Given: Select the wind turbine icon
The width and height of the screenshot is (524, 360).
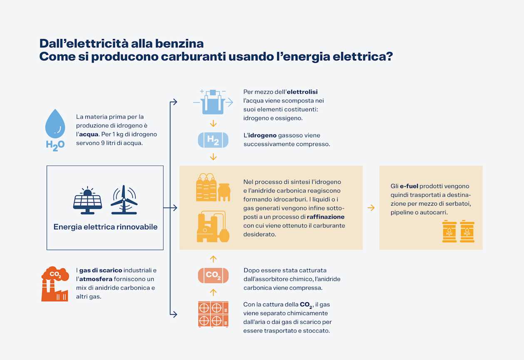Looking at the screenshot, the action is [124, 200].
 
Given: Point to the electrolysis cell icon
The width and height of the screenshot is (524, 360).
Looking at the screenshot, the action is [213, 102].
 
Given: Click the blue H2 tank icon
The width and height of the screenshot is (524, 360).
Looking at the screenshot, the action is [213, 140].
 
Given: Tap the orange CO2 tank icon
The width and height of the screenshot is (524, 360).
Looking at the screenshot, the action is [213, 275].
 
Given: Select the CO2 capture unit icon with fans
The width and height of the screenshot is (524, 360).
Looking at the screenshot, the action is [213, 314].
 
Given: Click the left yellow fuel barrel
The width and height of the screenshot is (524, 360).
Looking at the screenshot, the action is [449, 231].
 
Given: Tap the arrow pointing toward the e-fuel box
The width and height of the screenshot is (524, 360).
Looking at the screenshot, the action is [371, 208].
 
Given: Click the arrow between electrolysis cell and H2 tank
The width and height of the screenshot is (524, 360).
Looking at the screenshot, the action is [213, 123].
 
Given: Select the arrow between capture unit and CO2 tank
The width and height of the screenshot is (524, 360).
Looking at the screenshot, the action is [213, 292].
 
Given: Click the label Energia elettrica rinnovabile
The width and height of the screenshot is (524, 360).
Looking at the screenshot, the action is [105, 227].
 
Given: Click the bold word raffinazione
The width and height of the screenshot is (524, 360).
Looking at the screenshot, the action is [325, 217].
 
